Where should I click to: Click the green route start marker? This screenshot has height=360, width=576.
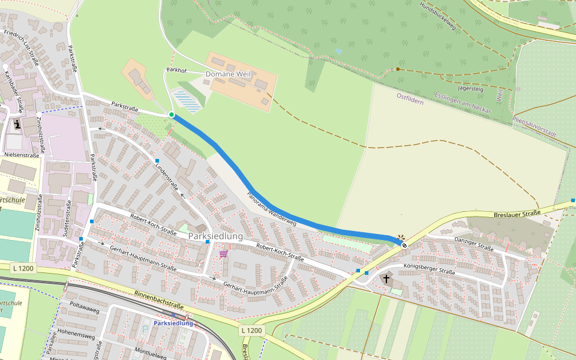(x=172, y=115)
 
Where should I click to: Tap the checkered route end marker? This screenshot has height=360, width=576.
(x=404, y=244)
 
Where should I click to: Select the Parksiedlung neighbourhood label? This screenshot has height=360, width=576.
(x=215, y=236)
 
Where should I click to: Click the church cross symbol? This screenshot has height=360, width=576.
(x=386, y=278)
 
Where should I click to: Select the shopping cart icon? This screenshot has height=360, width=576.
(x=223, y=254)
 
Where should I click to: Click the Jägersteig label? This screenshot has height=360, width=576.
(x=470, y=88)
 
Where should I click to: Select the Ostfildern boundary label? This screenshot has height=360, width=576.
(x=410, y=99)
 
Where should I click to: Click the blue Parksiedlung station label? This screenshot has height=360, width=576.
(x=173, y=323)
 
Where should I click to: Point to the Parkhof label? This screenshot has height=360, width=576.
(x=177, y=70)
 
